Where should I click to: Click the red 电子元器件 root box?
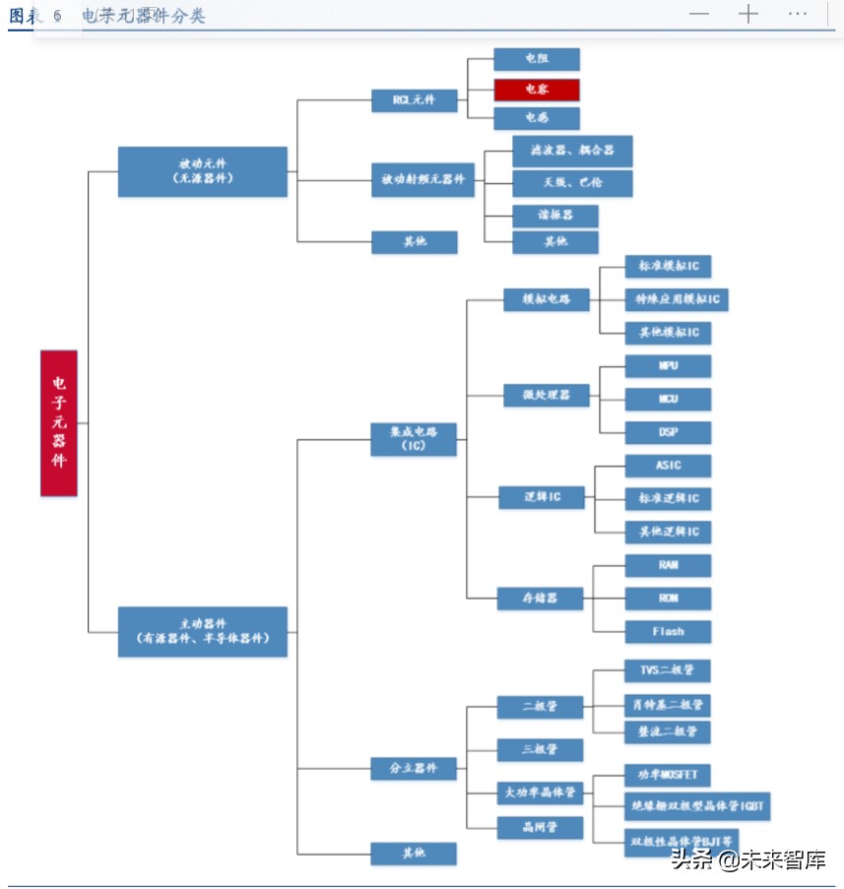coord(58,422)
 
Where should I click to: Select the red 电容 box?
coord(537,90)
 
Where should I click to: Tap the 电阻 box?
coord(537,59)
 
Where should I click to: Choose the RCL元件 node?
coord(414,99)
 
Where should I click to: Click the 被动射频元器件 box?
coord(423,181)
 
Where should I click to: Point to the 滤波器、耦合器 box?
coord(572,151)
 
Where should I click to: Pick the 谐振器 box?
coord(555,216)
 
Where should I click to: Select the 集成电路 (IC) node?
coord(414,438)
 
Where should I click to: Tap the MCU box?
coord(668,400)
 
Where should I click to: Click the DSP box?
coord(668,433)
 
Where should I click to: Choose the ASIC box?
coord(668,466)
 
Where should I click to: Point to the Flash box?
coord(668,632)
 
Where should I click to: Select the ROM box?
coord(668,599)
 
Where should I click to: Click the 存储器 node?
coord(540,598)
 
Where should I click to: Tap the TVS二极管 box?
coord(668,671)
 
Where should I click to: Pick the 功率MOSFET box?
coord(668,776)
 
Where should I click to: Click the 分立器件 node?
coord(414,768)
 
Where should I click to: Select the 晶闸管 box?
coord(540,828)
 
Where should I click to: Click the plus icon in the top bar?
coord(748,14)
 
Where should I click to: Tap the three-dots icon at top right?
coord(798,14)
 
